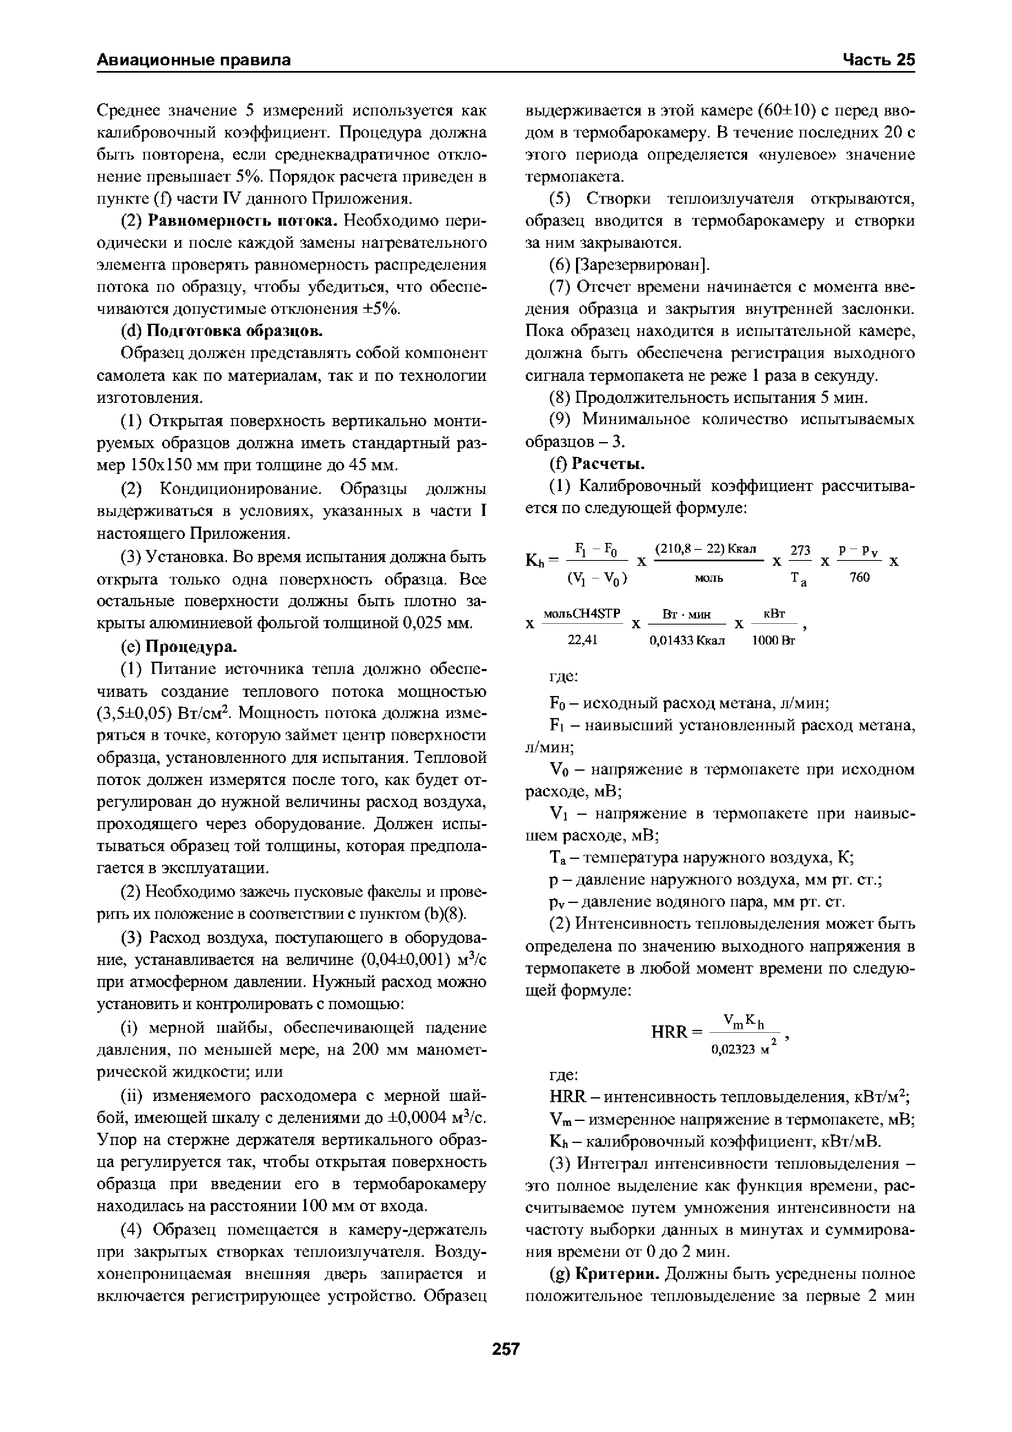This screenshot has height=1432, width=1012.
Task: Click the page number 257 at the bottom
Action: (506, 1350)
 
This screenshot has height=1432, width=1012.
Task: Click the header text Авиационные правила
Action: (194, 60)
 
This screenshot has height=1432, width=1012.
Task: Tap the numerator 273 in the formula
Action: (800, 550)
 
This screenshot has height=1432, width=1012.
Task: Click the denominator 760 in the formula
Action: (859, 578)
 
